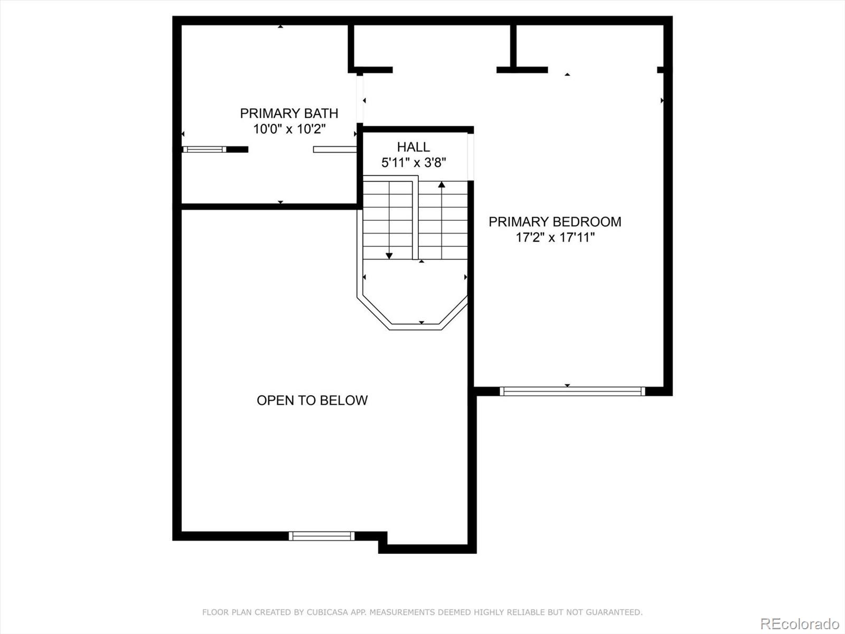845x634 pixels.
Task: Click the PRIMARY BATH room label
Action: pos(289,113)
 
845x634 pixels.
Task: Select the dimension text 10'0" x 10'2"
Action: pos(289,129)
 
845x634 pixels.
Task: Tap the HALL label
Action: pos(414,147)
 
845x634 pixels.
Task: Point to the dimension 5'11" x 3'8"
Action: pos(414,163)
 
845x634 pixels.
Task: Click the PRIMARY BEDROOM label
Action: pos(555,222)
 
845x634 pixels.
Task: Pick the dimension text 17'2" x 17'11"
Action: pos(555,238)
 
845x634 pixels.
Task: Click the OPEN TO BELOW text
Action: pos(312,400)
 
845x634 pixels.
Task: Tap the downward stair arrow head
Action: pos(389,256)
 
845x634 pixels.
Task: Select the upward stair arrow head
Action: pos(442,184)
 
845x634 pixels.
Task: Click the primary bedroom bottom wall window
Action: pos(572,391)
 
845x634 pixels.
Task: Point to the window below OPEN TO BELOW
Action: pos(322,536)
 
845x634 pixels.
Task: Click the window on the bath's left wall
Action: pos(204,150)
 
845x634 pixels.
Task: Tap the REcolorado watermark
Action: pos(800,623)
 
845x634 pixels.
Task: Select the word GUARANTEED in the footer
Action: pos(615,612)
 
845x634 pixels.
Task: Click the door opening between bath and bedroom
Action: pos(360,99)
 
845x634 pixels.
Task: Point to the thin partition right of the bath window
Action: pos(335,150)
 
